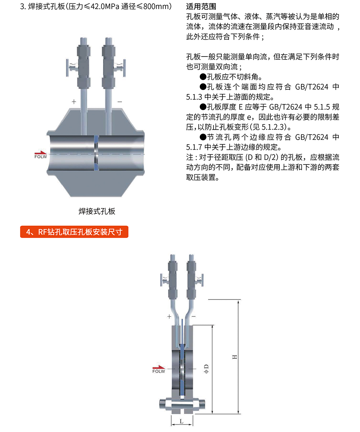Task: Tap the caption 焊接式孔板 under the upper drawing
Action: coord(97,211)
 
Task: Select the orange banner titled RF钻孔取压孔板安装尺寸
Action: coord(74,232)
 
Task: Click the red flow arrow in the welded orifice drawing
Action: coord(41,153)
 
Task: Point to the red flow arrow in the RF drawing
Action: coord(158,367)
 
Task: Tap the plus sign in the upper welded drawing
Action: coord(74,102)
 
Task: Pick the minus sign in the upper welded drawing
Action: coord(120,102)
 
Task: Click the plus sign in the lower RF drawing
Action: coord(169,316)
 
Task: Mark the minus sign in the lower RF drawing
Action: coord(194,316)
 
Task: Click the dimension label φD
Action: coord(206,368)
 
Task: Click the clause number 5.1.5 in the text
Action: coord(320,107)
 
